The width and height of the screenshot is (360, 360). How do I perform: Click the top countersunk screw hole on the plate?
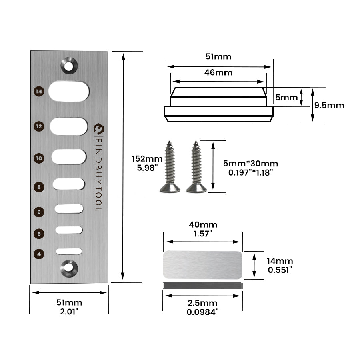point(69,65)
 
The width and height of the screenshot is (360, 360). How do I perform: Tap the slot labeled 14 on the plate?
point(69,91)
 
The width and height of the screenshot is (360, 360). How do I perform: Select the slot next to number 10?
point(69,156)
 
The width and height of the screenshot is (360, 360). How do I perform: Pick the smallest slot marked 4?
point(69,251)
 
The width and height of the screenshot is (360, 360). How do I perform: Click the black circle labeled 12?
point(38,126)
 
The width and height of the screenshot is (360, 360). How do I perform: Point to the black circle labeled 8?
point(38,187)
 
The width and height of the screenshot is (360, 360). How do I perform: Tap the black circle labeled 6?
point(38,212)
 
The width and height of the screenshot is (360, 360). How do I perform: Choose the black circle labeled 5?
point(38,233)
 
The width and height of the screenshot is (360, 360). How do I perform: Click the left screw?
point(169,167)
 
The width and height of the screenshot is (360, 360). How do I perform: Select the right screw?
point(196,167)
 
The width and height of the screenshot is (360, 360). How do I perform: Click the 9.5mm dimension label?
point(329,106)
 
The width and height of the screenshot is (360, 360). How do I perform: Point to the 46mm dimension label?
point(218,72)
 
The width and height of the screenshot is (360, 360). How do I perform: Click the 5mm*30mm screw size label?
point(251,167)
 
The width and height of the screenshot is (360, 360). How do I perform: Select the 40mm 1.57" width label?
point(202,230)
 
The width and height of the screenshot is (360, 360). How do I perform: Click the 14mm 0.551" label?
point(280,265)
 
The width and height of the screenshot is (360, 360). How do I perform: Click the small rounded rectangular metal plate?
point(202,265)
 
